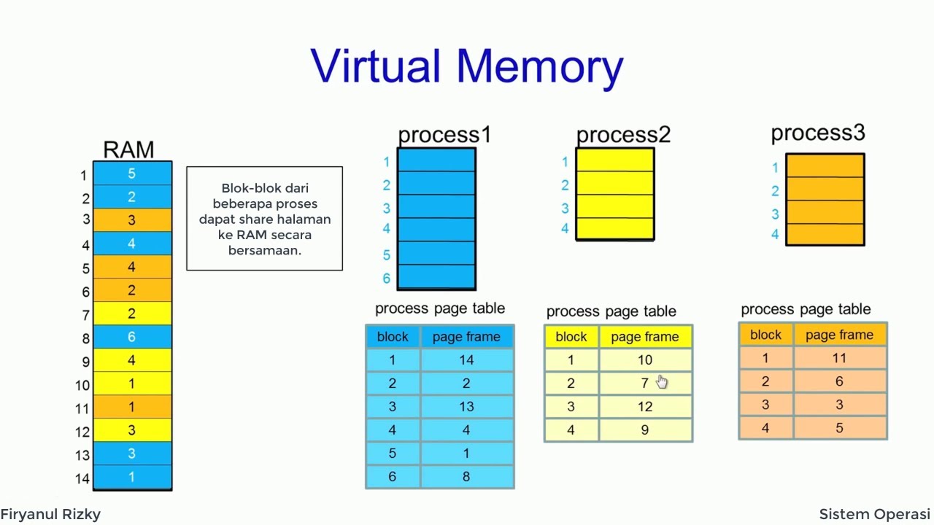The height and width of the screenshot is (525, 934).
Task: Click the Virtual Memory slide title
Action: click(x=467, y=66)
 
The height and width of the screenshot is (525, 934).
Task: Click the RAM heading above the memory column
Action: click(x=128, y=149)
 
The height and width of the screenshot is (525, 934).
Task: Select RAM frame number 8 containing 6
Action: click(x=132, y=337)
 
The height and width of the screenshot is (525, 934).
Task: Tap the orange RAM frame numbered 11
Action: click(x=132, y=407)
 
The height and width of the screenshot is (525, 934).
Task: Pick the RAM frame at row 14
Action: click(x=132, y=477)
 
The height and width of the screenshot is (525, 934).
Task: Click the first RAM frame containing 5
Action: click(x=132, y=174)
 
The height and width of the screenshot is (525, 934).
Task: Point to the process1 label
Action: click(x=444, y=135)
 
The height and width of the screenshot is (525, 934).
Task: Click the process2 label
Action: click(x=623, y=135)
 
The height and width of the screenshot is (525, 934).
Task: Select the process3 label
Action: click(x=817, y=133)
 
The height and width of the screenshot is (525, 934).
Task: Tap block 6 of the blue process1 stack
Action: click(x=436, y=277)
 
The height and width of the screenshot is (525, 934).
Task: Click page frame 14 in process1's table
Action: click(x=467, y=359)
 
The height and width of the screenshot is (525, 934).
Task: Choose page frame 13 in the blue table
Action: click(x=467, y=406)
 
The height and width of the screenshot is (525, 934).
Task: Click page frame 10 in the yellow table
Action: click(x=645, y=359)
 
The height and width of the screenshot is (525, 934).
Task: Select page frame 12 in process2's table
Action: click(x=645, y=406)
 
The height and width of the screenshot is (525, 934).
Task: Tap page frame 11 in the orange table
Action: click(x=839, y=358)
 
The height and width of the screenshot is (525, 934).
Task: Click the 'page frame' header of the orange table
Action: click(x=839, y=335)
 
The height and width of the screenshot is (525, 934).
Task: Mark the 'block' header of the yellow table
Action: click(x=571, y=336)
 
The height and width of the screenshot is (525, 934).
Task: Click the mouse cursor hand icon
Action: click(x=661, y=382)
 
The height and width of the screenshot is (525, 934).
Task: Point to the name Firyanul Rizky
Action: click(x=50, y=514)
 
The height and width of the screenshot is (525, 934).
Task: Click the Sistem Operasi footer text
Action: click(x=874, y=514)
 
